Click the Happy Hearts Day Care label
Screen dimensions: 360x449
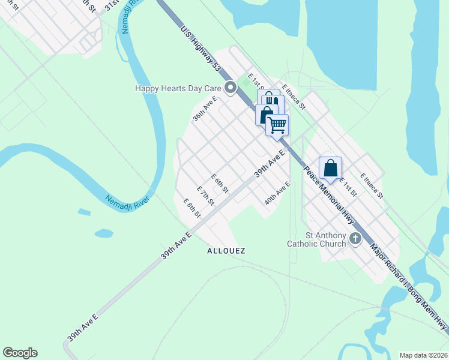tap(178, 88)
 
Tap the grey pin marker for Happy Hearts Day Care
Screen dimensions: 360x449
tap(231, 89)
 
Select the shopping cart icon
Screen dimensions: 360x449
tap(277, 125)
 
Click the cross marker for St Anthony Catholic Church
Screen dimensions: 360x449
tap(355, 239)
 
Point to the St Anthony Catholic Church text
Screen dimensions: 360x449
tap(316, 239)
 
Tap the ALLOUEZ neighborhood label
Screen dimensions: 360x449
tap(226, 250)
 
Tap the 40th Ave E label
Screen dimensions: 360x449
tap(278, 193)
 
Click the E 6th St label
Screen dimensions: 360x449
tap(220, 184)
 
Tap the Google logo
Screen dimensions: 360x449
tap(20, 353)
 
